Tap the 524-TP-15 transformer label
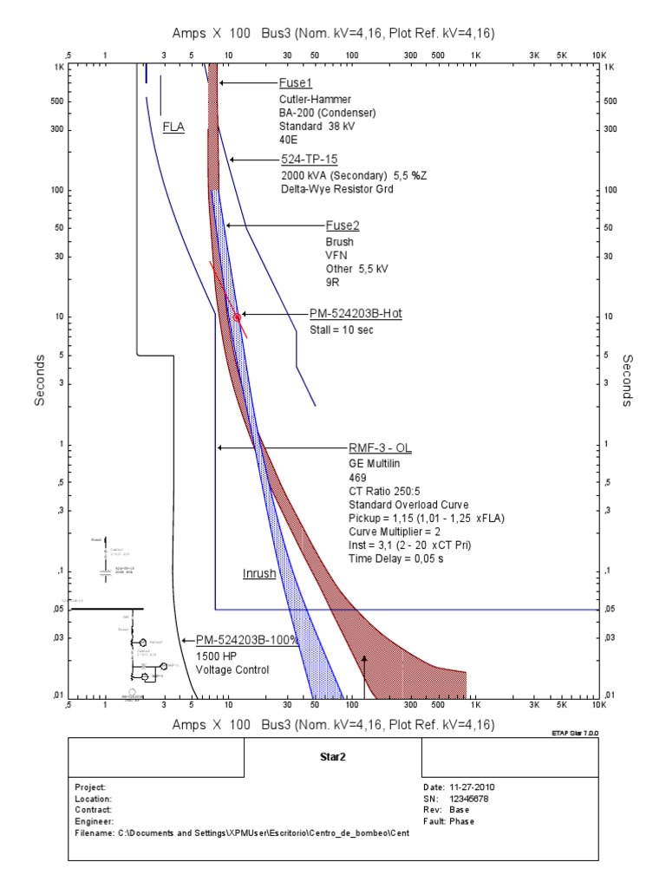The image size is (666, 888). point(309,160)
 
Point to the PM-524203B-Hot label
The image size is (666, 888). point(356,314)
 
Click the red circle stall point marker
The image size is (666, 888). point(237,317)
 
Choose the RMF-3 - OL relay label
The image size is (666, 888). point(379,447)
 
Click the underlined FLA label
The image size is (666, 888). point(173,126)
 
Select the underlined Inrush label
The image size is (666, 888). point(259,574)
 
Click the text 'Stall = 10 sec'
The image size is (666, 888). point(342,330)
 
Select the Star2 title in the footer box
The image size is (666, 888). point(332,755)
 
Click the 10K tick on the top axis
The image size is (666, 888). point(597,55)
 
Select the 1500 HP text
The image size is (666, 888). point(216,656)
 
